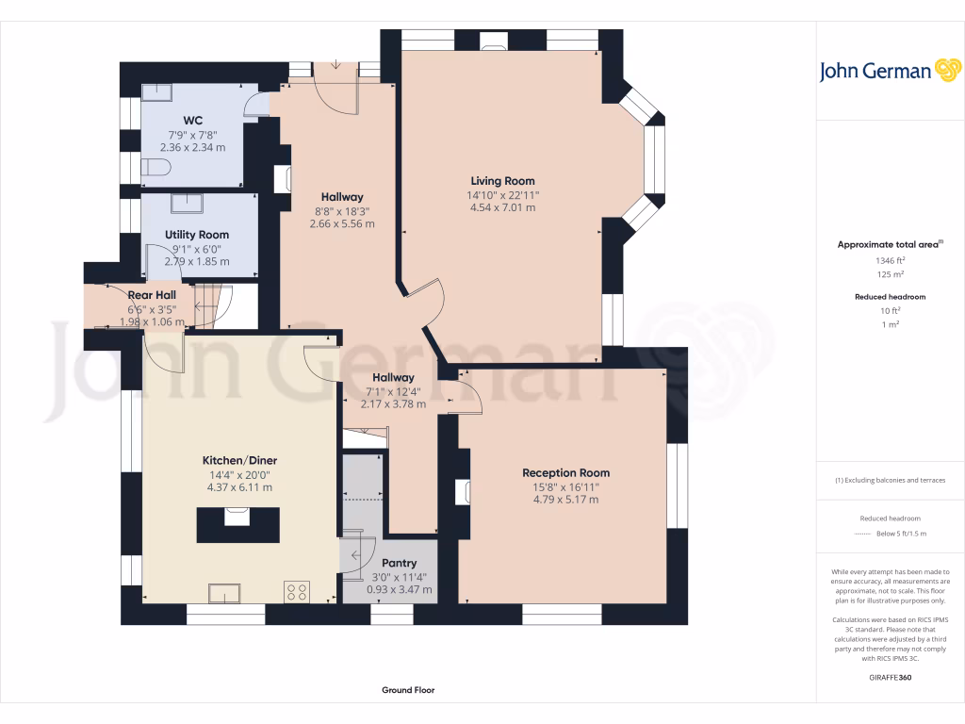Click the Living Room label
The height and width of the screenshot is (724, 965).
pos(502,181)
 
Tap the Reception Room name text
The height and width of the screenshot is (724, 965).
pos(565,473)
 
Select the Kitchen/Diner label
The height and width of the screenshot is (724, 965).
pos(239,460)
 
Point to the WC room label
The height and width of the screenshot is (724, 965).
pos(192,121)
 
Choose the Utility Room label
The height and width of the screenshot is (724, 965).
pos(196,235)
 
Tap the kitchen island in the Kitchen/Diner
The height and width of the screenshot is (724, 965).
pos(237,523)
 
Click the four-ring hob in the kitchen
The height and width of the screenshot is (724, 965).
pos(297,591)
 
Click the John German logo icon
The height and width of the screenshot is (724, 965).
pos(946,71)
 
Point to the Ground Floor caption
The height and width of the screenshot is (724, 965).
pos(408,690)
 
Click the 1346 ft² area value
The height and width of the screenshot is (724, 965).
pos(890,260)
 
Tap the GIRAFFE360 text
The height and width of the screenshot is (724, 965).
pos(890,677)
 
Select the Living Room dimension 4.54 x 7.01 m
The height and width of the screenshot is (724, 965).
pos(502,208)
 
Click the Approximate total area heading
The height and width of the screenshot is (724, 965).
pos(888,244)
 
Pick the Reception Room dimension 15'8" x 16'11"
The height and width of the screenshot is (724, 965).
pos(565,487)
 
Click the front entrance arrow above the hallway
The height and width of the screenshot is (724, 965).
pos(336,66)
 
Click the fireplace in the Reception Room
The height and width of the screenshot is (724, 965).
pos(463,492)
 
